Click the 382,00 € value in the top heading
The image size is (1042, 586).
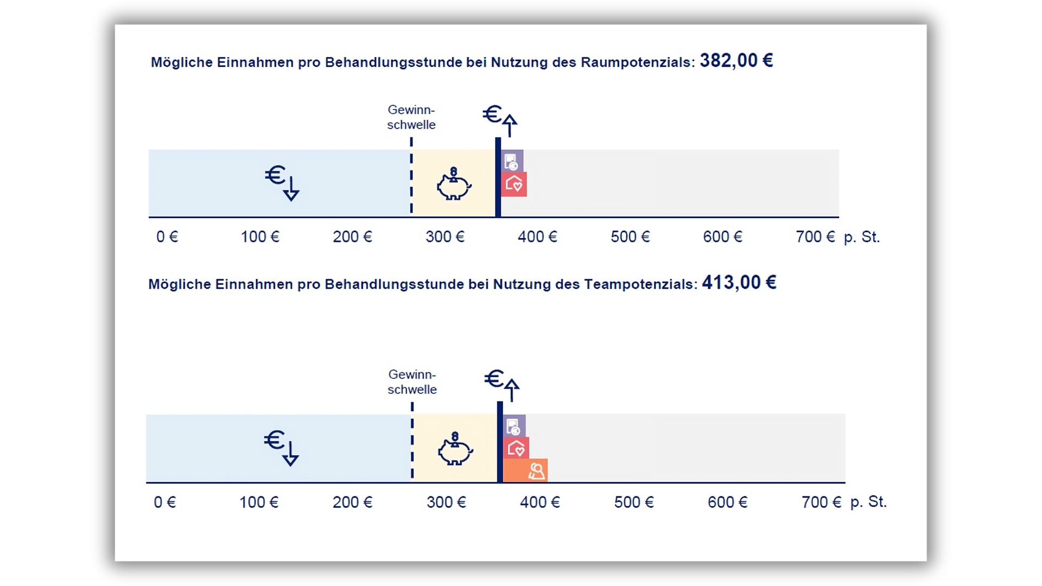[x=736, y=61]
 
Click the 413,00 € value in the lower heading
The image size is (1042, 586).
[x=739, y=283]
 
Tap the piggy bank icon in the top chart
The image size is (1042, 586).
[x=454, y=184]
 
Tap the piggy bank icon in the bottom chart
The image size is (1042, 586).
[x=455, y=449]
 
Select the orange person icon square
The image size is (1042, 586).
[x=525, y=470]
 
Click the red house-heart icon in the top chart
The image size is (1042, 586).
[x=514, y=184]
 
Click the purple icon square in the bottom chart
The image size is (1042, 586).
[x=514, y=426]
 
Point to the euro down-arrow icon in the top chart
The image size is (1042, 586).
[x=282, y=182]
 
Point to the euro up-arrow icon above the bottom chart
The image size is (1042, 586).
[x=502, y=384]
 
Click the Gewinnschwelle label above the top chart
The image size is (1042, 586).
[x=411, y=117]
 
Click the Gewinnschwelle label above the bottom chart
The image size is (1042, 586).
[x=412, y=382]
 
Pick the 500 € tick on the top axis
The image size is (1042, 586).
[x=630, y=237]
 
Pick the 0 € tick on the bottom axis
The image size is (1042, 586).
[x=165, y=502]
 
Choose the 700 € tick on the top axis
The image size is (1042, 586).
[x=815, y=237]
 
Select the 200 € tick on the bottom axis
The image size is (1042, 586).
[x=353, y=502]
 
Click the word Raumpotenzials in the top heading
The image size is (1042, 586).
[x=637, y=62]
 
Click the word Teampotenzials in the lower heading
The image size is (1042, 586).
[x=640, y=284]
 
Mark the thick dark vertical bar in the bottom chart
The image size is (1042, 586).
[x=500, y=442]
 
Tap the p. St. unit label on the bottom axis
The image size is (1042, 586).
[x=868, y=502]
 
